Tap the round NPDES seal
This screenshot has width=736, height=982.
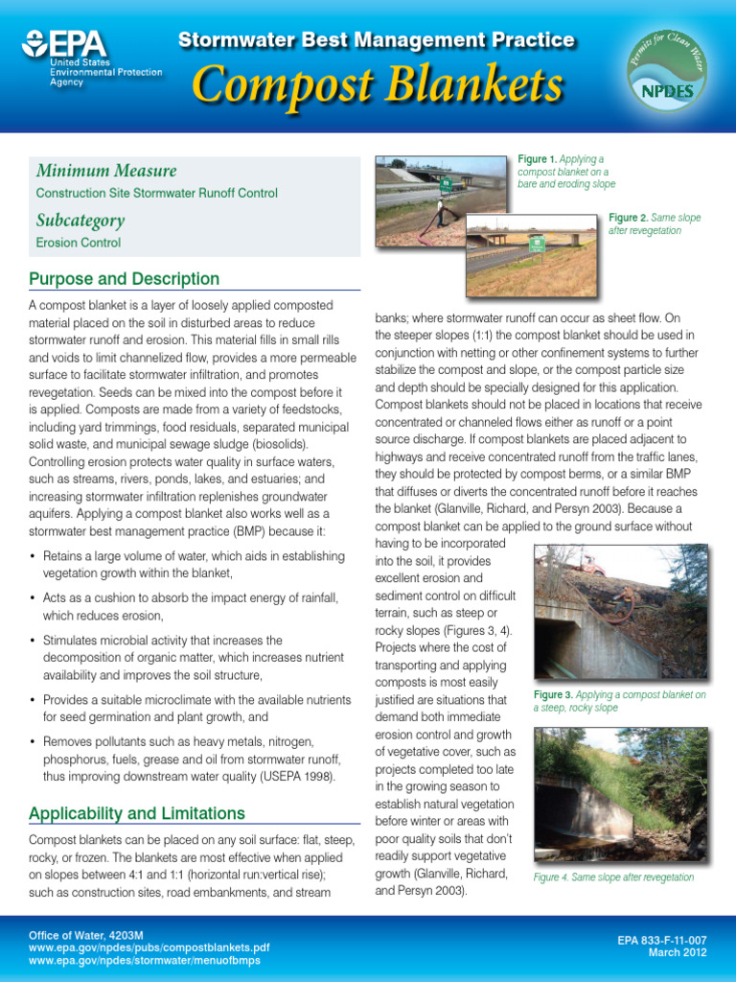click(x=666, y=67)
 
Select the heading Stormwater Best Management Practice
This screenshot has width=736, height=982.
click(x=377, y=40)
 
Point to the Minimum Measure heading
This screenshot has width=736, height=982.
click(x=106, y=171)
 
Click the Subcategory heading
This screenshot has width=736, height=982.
click(x=80, y=221)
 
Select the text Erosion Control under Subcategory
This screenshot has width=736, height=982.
click(x=79, y=244)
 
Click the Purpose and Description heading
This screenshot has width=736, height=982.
click(x=125, y=279)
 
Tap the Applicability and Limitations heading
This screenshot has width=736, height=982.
click(x=137, y=813)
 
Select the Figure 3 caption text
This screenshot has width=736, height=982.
click(x=619, y=701)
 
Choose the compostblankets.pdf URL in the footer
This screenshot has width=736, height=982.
click(x=149, y=947)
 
